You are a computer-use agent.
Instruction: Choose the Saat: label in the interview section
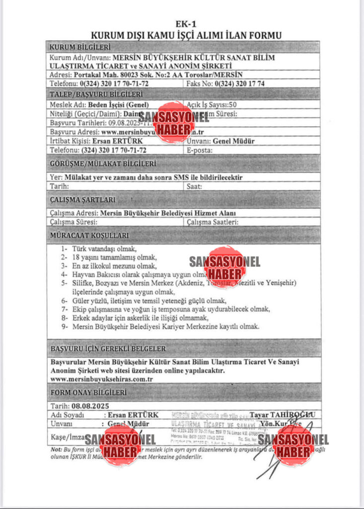coord(194,186)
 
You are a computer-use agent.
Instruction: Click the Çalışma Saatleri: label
coord(213,222)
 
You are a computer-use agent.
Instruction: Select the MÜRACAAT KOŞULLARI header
coord(89,235)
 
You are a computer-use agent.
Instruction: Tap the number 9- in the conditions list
coord(65,327)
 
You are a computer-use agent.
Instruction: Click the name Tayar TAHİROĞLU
coord(282,415)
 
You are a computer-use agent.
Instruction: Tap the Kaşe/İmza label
coord(67,437)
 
